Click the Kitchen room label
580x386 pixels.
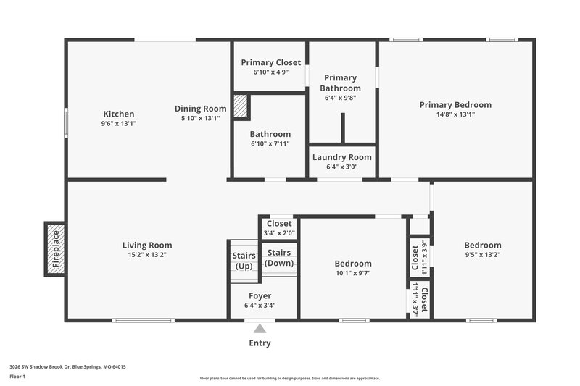tap(118, 114)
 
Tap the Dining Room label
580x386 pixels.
tap(200, 109)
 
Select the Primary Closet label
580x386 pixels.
tap(271, 62)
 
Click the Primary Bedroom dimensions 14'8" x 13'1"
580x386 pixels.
tap(455, 114)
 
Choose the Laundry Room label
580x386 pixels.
tap(342, 157)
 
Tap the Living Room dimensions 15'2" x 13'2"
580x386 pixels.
tap(147, 255)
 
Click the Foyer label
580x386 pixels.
tap(260, 295)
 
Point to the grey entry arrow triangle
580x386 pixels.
tap(260, 328)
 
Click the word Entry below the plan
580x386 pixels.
tap(260, 343)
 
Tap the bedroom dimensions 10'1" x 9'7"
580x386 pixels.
tap(353, 273)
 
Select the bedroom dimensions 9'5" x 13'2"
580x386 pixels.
tap(483, 255)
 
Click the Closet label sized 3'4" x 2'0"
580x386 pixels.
tap(279, 224)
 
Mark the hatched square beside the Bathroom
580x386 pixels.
tap(241, 106)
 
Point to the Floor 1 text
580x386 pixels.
tap(17, 377)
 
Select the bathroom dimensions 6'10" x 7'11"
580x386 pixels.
tap(270, 143)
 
